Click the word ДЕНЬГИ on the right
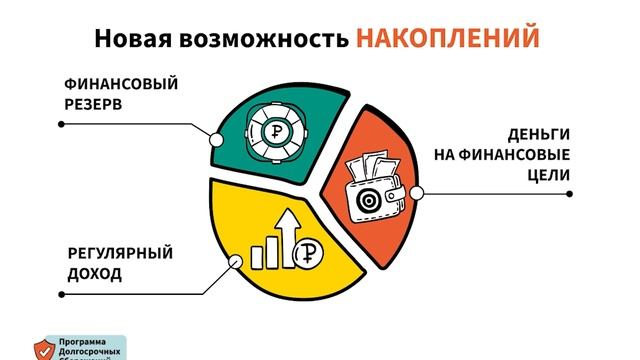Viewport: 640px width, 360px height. coord(538,135)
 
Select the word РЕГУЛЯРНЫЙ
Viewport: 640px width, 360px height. coord(120,252)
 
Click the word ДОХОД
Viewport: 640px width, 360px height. coord(95,272)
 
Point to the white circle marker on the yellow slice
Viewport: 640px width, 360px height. coord(237,262)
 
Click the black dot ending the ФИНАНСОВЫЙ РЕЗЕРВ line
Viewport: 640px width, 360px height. coord(61,124)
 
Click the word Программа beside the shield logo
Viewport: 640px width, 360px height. coord(88,340)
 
